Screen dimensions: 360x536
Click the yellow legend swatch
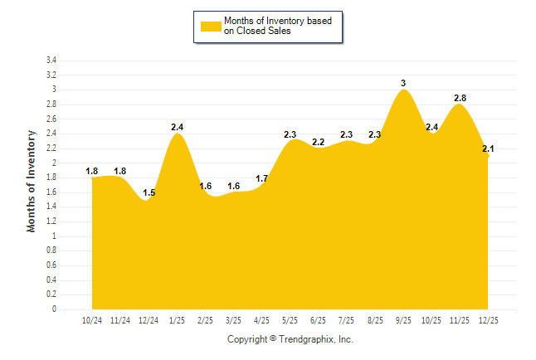pos(211,26)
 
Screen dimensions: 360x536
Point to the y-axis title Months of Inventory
pos(32,180)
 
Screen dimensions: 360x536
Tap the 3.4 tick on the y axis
pos(51,61)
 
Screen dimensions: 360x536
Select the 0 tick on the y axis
pos(53,309)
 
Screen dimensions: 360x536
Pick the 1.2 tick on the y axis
pos(51,221)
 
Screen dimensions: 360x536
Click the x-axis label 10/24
pos(92,320)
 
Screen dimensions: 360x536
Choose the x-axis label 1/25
pos(177,320)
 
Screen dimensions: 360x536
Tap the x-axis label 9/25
pos(403,320)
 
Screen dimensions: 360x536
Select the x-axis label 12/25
pos(489,320)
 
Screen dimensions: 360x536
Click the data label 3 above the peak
pos(403,83)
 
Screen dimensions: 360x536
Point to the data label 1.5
pos(149,192)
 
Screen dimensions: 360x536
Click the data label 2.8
pos(460,98)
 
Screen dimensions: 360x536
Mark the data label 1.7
pos(262,178)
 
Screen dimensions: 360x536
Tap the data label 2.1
pos(488,148)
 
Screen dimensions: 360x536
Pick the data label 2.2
pos(319,142)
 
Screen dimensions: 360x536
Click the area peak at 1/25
pos(177,134)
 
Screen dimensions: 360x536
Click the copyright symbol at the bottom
pos(273,339)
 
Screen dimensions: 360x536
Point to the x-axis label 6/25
pos(319,320)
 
